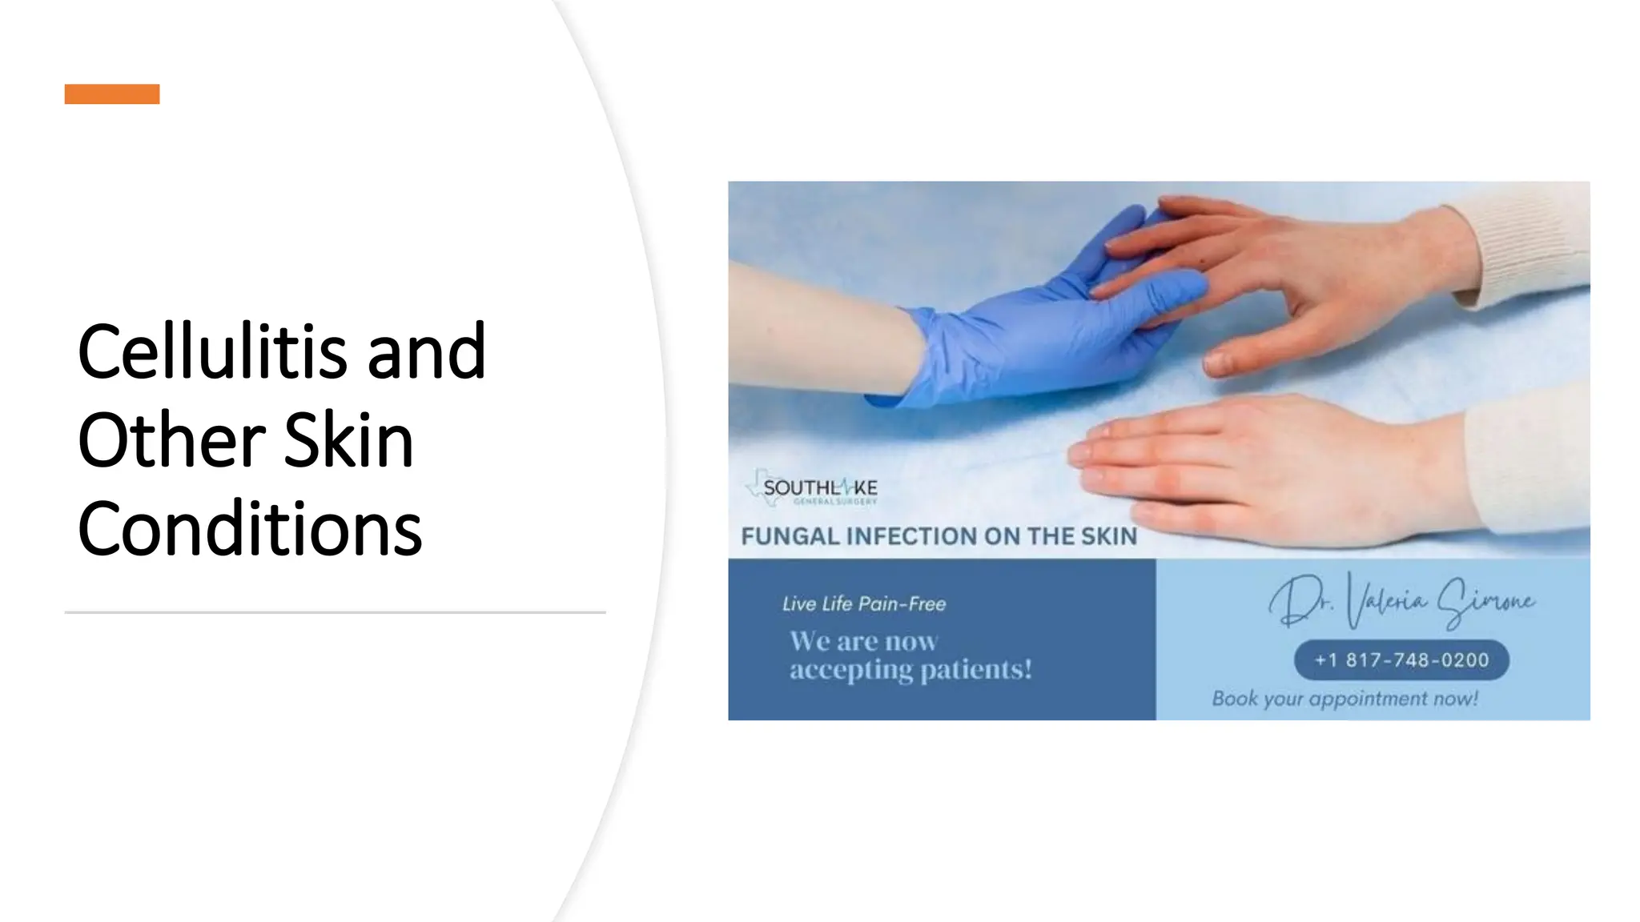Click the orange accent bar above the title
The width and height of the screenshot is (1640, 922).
[112, 94]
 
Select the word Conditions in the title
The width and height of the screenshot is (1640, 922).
[250, 530]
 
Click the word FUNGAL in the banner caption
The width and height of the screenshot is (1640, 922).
[790, 536]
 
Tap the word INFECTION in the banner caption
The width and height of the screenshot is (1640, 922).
[912, 536]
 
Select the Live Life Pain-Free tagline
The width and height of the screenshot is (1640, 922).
[864, 604]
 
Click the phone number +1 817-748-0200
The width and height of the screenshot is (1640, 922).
[1401, 660]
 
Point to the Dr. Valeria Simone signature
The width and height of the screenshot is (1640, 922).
[1401, 602]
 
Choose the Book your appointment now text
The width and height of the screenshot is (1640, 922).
[1345, 699]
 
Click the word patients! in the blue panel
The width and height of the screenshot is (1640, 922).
[976, 670]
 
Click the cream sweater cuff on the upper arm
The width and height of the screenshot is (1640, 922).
[1521, 244]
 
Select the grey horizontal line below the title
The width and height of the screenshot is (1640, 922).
[335, 612]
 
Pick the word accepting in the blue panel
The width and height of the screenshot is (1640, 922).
[850, 670]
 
